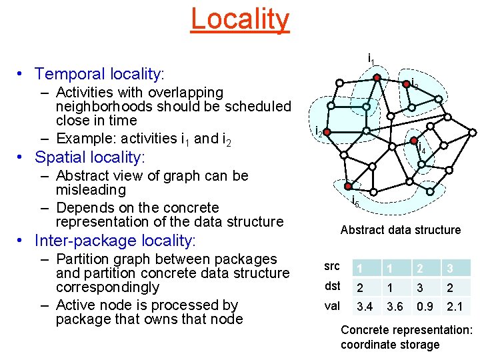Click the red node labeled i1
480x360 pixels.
point(377,78)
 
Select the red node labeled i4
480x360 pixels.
point(413,141)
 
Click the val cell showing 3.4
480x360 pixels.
point(365,307)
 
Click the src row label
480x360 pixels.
point(332,267)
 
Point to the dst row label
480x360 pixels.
point(332,286)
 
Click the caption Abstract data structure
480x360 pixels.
point(400,230)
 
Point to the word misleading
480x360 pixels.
point(91,190)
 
